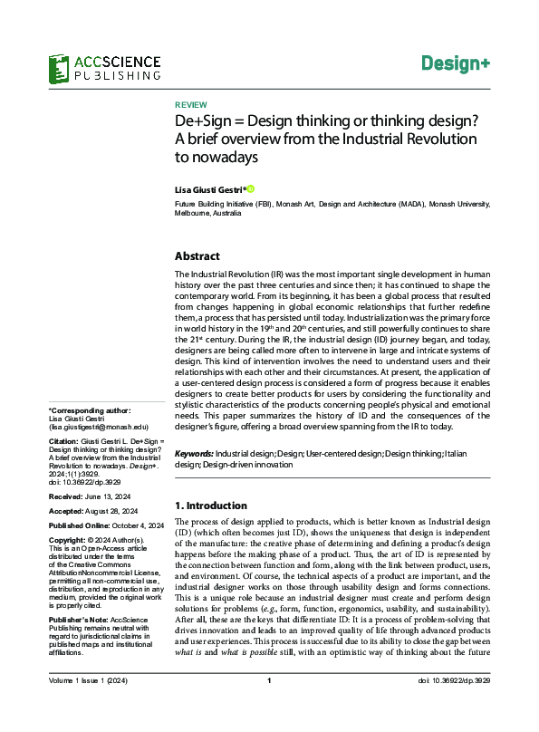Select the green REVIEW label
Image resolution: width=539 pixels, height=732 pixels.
(x=190, y=105)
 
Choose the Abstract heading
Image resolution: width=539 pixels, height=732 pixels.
(x=197, y=256)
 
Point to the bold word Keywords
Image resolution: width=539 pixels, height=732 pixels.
(x=194, y=452)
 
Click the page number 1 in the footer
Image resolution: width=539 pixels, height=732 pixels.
(x=269, y=707)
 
